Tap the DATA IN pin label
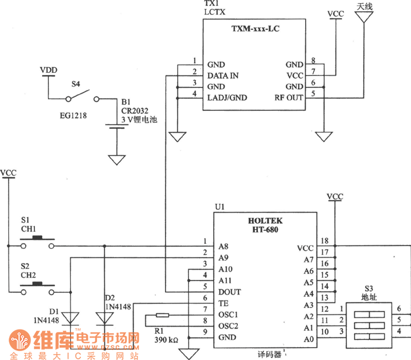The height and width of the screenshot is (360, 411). (222, 76)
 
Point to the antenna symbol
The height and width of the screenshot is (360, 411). (364, 17)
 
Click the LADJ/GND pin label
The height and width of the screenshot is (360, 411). (227, 98)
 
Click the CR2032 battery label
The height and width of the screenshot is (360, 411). (134, 110)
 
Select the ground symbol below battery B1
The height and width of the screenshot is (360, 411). (117, 160)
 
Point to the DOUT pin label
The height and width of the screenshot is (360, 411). (229, 292)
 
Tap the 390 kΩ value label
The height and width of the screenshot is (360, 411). (167, 339)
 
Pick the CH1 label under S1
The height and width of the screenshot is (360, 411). (28, 229)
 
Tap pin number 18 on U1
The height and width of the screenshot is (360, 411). (325, 241)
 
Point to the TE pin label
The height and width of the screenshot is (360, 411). (223, 304)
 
